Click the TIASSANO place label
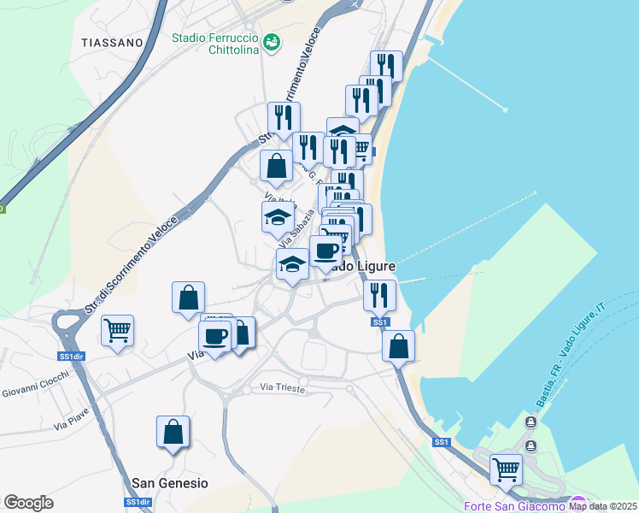(112, 42)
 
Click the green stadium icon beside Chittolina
(272, 41)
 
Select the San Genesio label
(170, 483)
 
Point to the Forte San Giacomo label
(515, 507)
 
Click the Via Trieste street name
(283, 387)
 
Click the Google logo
(28, 503)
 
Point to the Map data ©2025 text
(602, 505)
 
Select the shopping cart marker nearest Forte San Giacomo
(506, 469)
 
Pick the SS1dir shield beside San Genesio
(138, 503)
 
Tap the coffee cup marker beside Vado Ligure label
(325, 251)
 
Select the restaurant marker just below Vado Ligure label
(379, 295)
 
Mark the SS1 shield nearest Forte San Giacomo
(441, 442)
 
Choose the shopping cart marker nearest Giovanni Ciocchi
(117, 330)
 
